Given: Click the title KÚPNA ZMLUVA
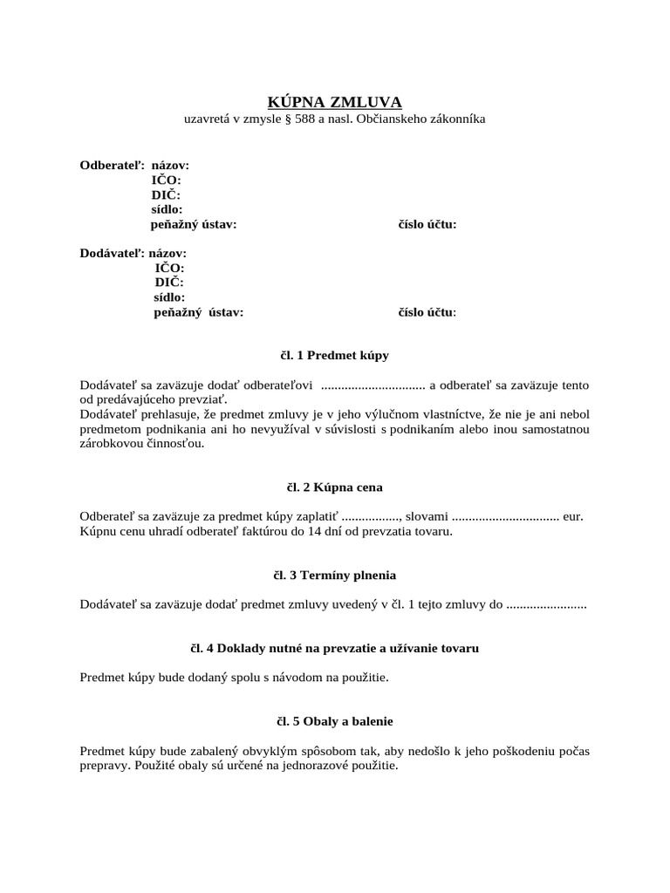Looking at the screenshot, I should click(x=334, y=102).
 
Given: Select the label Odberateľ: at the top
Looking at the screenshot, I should click(x=113, y=165).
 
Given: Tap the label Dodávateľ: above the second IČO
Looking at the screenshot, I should click(x=113, y=253).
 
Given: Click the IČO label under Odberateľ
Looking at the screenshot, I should click(x=166, y=180).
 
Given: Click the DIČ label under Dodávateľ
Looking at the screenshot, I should click(x=169, y=283).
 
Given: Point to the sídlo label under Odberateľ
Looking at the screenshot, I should click(x=167, y=209).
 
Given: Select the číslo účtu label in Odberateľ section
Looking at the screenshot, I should click(x=427, y=224).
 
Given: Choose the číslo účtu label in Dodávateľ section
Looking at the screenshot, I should click(x=427, y=312).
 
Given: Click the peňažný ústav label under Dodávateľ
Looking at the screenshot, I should click(x=199, y=312).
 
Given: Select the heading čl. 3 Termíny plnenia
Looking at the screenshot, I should click(x=334, y=576).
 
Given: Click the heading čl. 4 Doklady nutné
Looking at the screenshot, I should click(x=334, y=649).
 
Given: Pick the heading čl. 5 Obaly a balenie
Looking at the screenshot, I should click(x=334, y=722).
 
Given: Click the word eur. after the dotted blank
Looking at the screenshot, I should click(x=573, y=516).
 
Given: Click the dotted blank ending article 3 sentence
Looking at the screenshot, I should click(x=546, y=604).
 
